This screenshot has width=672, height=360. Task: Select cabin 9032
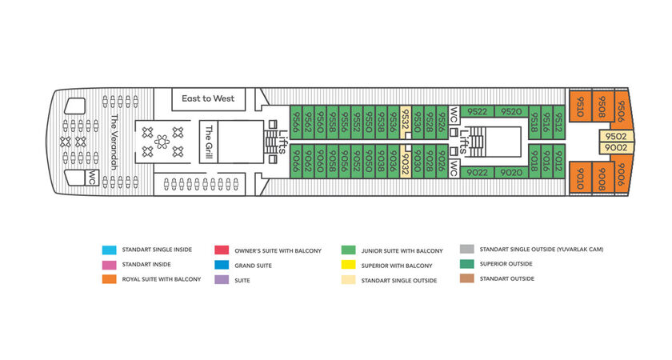pyautogui.click(x=406, y=161)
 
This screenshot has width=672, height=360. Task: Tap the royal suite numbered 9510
pyautogui.click(x=580, y=106)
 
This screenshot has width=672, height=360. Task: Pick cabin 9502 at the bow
pyautogui.click(x=616, y=136)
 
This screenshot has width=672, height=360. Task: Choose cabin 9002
pyautogui.click(x=616, y=148)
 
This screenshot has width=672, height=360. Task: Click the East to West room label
pyautogui.click(x=208, y=98)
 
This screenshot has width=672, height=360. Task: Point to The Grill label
pyautogui.click(x=209, y=142)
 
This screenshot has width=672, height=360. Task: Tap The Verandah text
pyautogui.click(x=114, y=142)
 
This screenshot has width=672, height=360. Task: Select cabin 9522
pyautogui.click(x=477, y=111)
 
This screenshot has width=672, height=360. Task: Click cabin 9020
pyautogui.click(x=511, y=172)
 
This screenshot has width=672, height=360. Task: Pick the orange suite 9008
pyautogui.click(x=602, y=178)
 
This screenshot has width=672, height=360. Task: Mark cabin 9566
pyautogui.click(x=296, y=122)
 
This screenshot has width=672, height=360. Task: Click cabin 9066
pyautogui.click(x=296, y=161)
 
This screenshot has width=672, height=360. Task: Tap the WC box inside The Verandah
pyautogui.click(x=92, y=178)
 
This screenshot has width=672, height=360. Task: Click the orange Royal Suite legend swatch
pyautogui.click(x=109, y=279)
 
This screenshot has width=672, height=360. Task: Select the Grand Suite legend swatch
pyautogui.click(x=222, y=265)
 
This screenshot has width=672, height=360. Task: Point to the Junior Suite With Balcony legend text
pyautogui.click(x=402, y=250)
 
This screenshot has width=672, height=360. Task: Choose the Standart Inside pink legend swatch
pyautogui.click(x=109, y=265)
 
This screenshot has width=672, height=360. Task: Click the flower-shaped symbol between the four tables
pyautogui.click(x=162, y=142)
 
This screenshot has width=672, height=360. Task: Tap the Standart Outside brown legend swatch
pyautogui.click(x=466, y=278)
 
